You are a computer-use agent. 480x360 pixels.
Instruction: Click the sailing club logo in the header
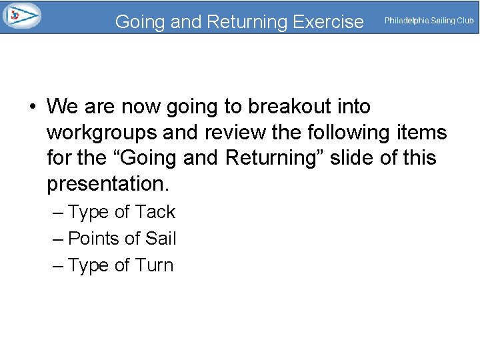(21, 15)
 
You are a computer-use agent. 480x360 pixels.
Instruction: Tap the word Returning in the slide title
(244, 22)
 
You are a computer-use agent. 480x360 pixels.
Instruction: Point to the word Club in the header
(465, 21)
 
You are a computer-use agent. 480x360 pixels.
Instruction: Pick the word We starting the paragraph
(62, 107)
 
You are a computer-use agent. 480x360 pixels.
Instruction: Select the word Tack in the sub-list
(155, 212)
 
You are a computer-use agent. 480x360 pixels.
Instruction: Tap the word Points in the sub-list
(93, 238)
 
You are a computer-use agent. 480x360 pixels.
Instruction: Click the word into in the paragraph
(351, 107)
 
